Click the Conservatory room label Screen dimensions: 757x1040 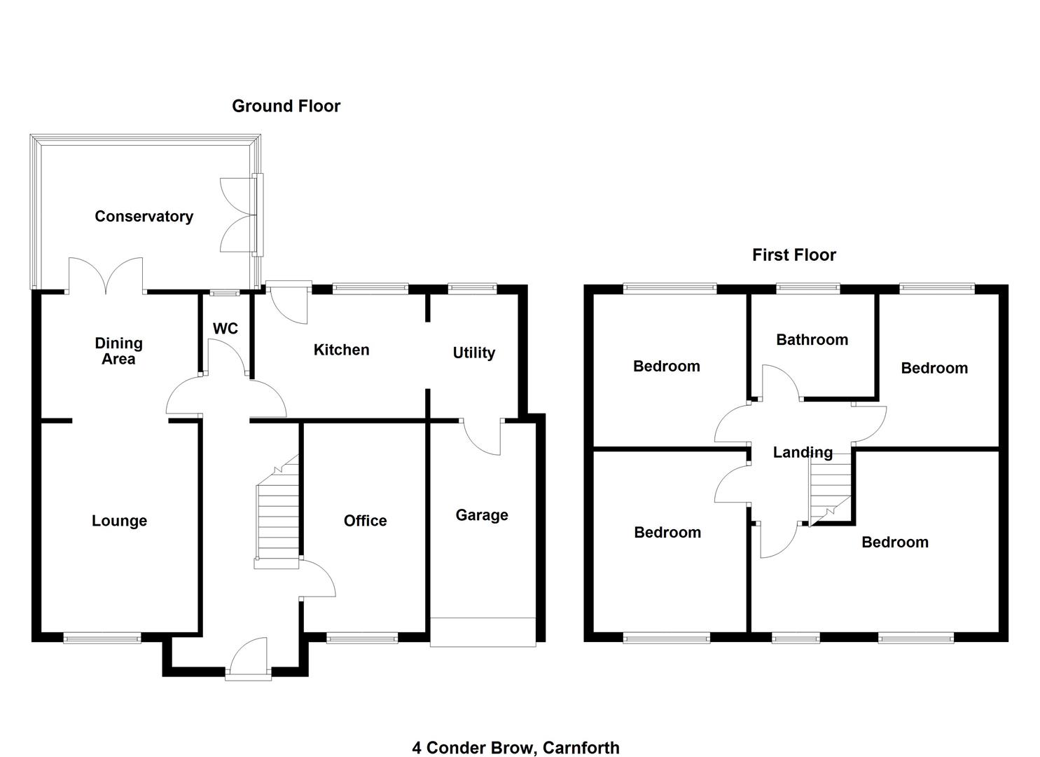coord(144,217)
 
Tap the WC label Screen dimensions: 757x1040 coord(225,329)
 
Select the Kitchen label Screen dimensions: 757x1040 coord(341,350)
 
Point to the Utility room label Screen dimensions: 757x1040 coord(473,353)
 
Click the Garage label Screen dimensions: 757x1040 coord(482,515)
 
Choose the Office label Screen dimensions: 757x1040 coord(365,521)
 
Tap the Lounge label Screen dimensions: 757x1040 coord(119,521)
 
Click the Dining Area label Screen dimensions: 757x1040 coord(118,350)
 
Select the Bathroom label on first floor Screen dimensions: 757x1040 coord(812,340)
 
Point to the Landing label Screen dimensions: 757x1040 coord(803,452)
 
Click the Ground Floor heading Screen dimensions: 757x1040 coord(286,106)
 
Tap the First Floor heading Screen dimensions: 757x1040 coord(793,255)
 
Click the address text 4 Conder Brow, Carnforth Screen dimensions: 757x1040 coord(515,747)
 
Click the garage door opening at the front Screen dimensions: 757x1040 coord(483,631)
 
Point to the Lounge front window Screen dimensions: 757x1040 coord(102,638)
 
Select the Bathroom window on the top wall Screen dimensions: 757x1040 coord(807,287)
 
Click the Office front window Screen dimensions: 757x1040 coord(361,638)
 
